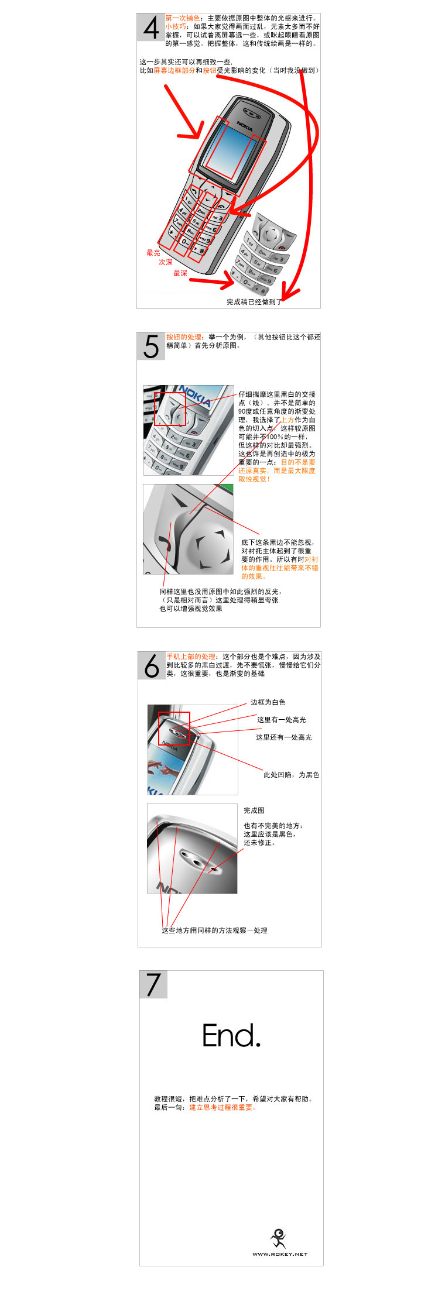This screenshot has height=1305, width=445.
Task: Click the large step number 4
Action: pos(151,28)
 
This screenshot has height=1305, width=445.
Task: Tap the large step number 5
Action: pos(151,346)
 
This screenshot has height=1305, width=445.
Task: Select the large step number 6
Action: pos(152,666)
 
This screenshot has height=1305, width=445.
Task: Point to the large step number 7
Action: pos(153,985)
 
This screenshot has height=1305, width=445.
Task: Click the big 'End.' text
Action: pos(231,1036)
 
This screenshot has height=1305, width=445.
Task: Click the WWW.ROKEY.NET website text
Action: pos(280,1254)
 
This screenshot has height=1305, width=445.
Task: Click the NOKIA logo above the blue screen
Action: pos(245,125)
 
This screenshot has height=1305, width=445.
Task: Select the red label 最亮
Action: pos(153,253)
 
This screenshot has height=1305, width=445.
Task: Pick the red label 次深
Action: pos(166,262)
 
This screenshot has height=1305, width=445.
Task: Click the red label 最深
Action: pos(180,273)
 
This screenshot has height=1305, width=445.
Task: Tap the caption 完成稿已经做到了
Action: pos(254,302)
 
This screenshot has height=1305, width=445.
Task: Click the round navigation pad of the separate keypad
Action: pos(270,234)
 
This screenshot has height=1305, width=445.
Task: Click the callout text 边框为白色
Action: pos(268,702)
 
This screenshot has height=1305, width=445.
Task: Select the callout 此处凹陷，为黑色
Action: pos(291,775)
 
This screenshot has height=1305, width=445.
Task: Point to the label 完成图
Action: pos(254,811)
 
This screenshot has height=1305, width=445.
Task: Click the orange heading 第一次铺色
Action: pos(182,18)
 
